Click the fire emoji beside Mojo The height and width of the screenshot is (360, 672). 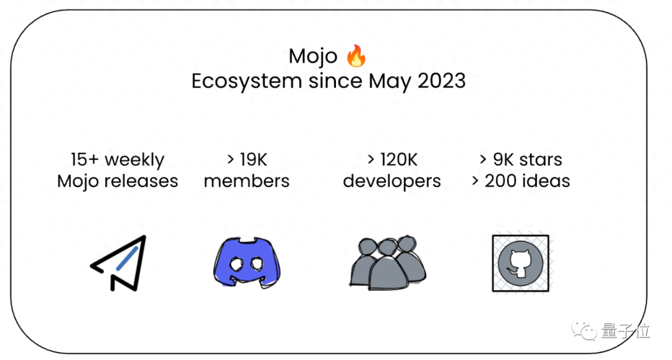[356, 56]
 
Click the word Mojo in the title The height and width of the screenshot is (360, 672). [313, 57]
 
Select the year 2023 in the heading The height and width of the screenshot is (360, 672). [441, 81]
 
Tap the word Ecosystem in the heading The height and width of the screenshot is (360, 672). [246, 81]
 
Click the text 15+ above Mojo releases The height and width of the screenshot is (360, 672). [85, 160]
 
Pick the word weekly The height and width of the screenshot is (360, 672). [134, 160]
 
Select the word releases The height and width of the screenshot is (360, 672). [142, 181]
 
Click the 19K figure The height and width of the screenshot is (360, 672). [253, 160]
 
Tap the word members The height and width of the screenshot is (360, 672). [246, 181]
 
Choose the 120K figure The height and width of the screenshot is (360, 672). [399, 160]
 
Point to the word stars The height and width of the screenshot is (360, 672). [540, 160]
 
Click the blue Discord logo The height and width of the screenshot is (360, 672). [247, 262]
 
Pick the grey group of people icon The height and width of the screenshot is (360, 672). [388, 263]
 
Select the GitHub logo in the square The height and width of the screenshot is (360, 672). [520, 263]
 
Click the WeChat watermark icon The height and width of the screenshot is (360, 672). [584, 330]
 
